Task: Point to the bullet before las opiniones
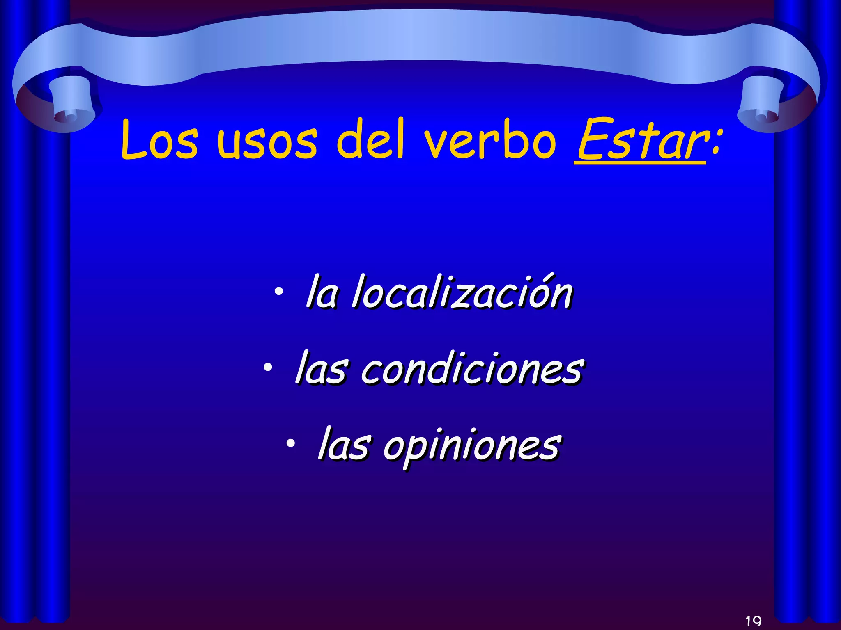click(x=290, y=443)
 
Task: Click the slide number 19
click(x=753, y=621)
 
